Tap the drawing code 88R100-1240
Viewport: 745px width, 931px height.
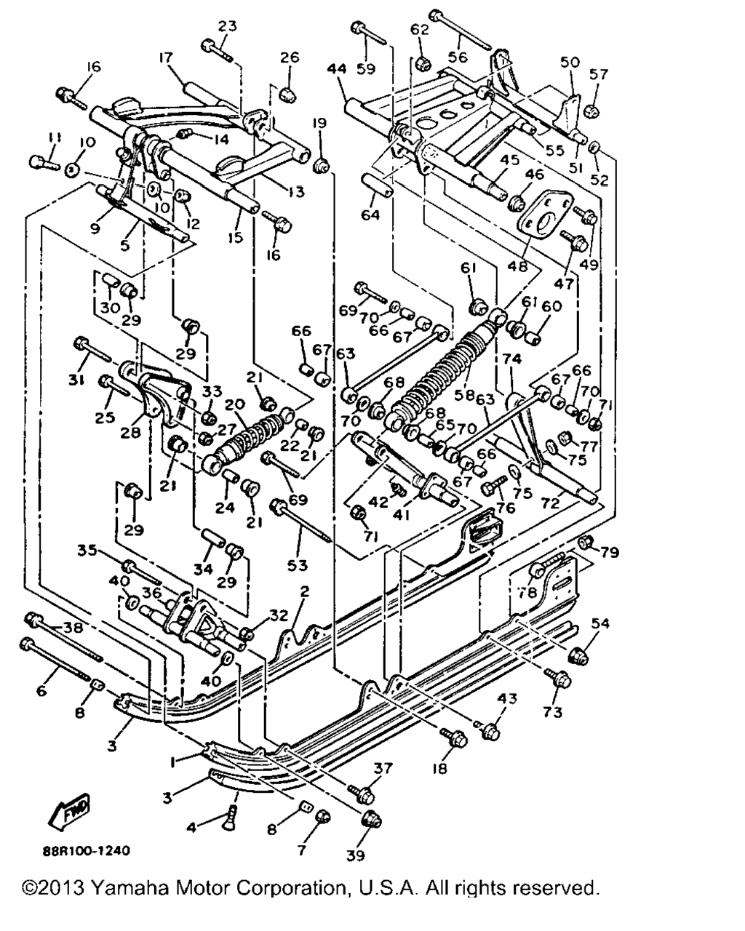pos(87,849)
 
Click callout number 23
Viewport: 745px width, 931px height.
pos(228,26)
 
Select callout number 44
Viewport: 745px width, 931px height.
pos(336,69)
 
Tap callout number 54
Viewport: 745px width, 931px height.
pos(600,624)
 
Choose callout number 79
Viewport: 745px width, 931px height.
pos(610,554)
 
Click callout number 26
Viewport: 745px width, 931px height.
pos(290,57)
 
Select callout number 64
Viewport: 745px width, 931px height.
pos(370,215)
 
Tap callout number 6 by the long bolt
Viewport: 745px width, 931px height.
pos(41,690)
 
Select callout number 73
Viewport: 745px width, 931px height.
pos(553,712)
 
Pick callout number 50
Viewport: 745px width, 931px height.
pos(570,63)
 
